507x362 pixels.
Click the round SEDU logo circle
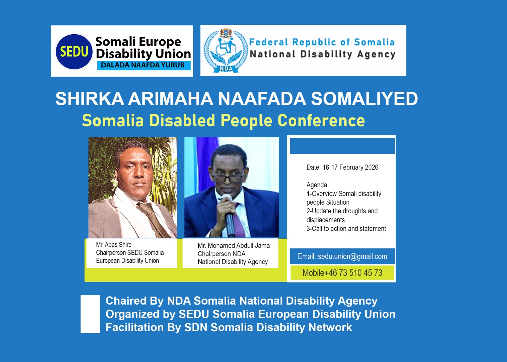click(74, 52)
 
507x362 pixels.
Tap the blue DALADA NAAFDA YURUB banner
click(144, 65)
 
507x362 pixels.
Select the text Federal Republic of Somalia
click(322, 42)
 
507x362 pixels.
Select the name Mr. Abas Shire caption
click(114, 245)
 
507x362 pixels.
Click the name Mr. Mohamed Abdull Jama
click(234, 246)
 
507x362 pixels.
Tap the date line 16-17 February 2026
click(342, 167)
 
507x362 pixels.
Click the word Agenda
click(317, 185)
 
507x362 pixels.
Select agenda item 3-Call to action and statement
click(346, 229)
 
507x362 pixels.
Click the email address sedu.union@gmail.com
click(352, 256)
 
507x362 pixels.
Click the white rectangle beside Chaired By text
click(90, 314)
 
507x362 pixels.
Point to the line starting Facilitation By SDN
click(228, 327)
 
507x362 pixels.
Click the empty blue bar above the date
click(343, 146)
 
